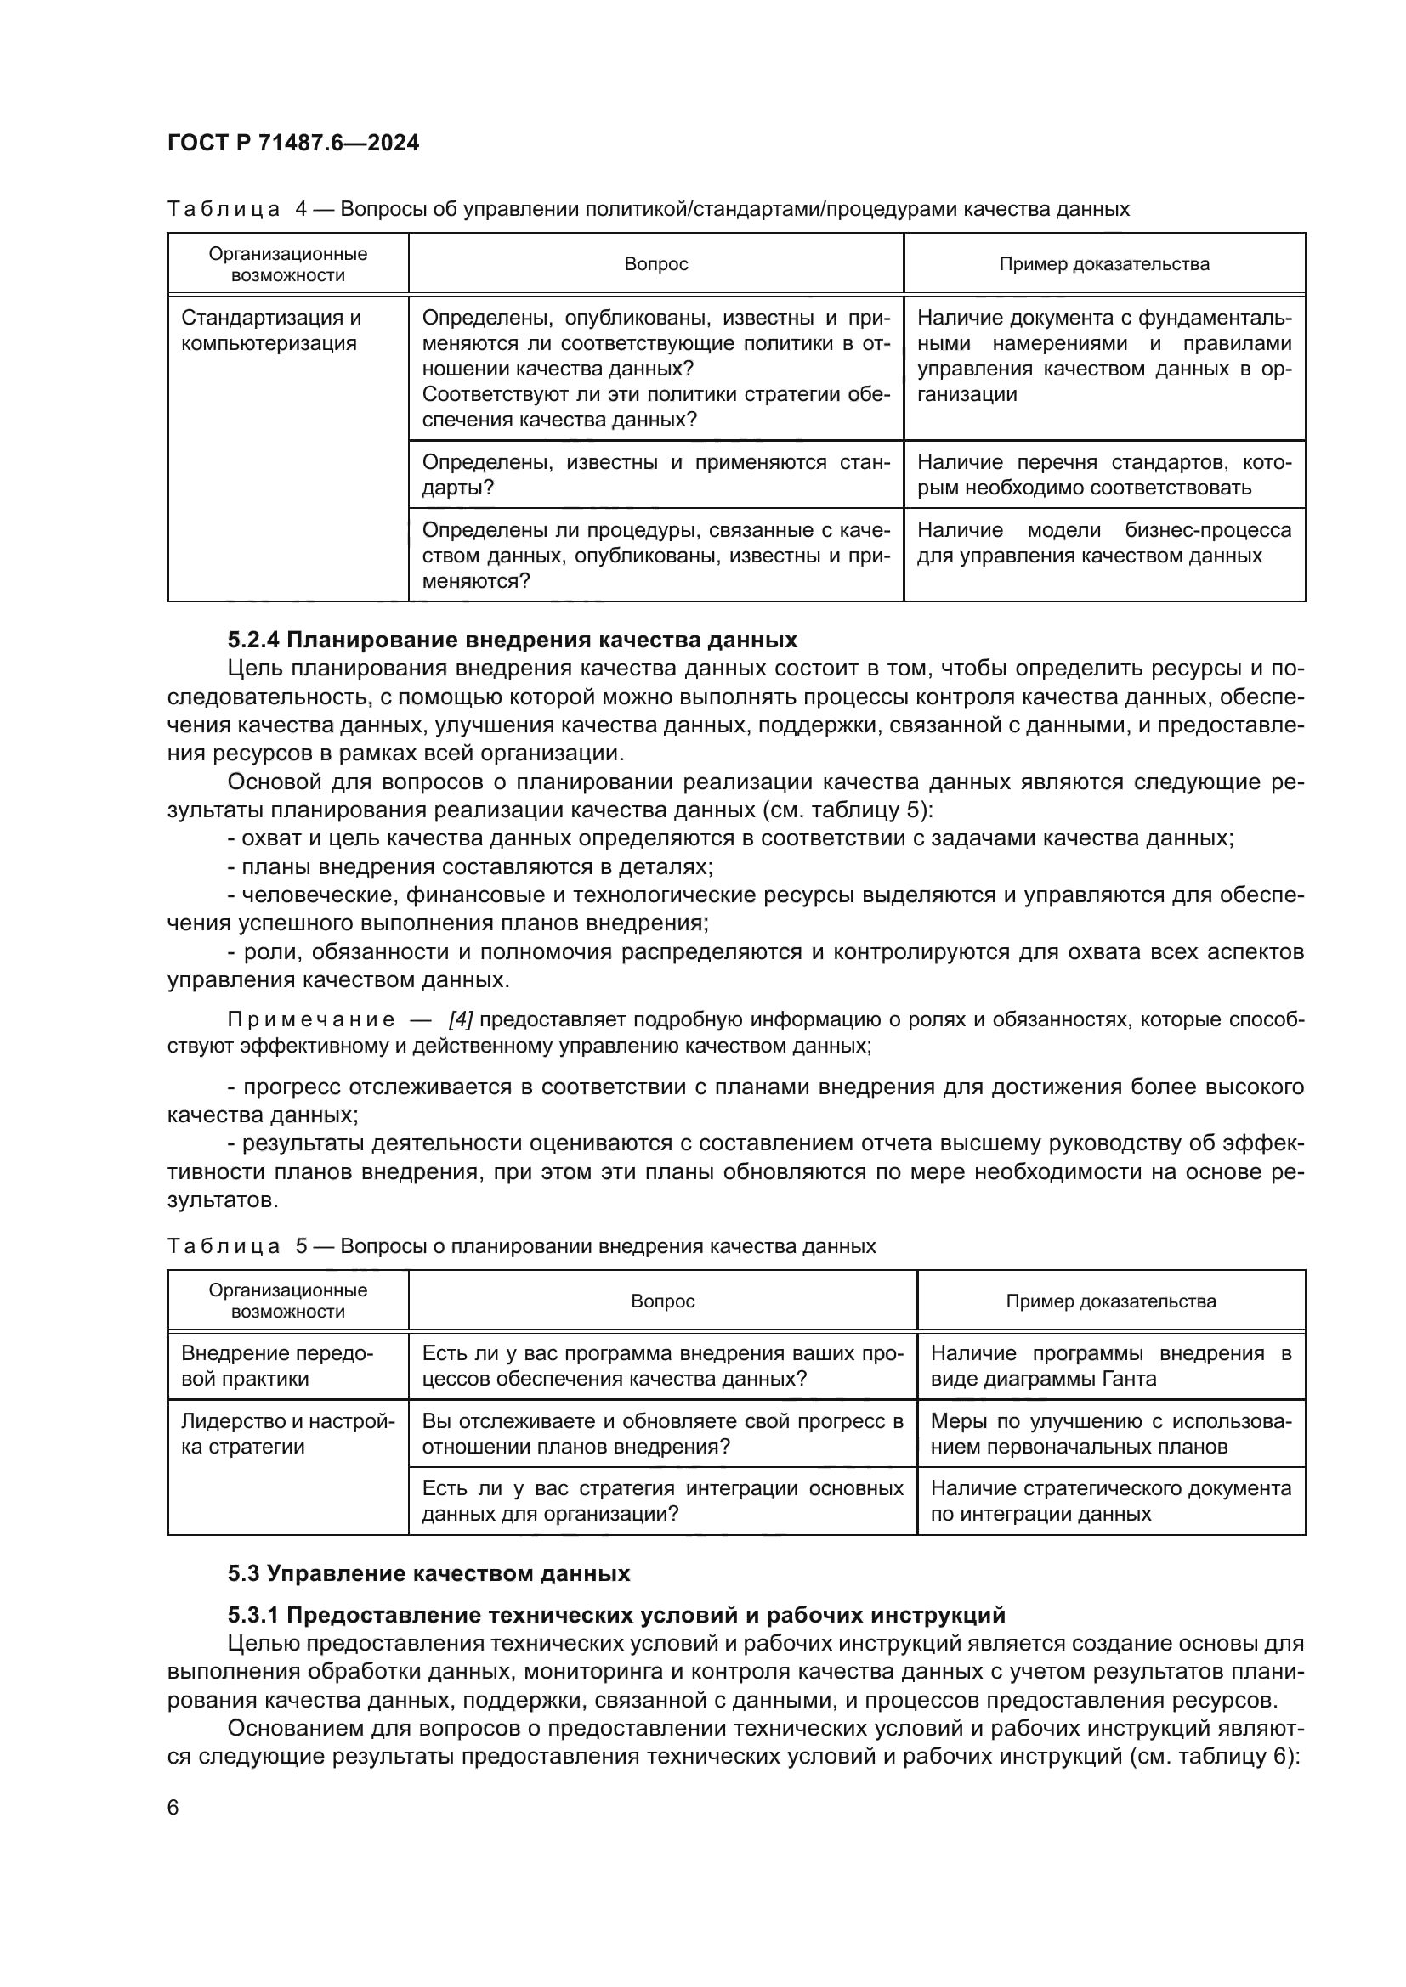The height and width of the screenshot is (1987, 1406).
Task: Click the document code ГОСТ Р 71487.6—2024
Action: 292,143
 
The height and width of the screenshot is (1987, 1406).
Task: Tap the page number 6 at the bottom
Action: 173,1807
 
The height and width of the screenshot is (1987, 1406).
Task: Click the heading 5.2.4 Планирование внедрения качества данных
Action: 512,640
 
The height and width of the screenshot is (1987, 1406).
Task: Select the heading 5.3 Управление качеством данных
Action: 428,1573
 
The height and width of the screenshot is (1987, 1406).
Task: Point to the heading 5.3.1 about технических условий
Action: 615,1615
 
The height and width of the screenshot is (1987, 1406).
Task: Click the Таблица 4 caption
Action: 648,209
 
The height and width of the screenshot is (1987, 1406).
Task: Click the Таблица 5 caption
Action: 521,1246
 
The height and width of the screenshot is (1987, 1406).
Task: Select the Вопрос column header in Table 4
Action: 655,264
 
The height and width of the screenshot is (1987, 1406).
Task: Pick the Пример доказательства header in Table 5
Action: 1110,1301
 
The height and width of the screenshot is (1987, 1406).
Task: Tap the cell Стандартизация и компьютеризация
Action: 271,330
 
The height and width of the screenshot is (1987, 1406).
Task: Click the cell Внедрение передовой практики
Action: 277,1366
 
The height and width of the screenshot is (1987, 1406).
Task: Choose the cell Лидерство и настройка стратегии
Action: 287,1434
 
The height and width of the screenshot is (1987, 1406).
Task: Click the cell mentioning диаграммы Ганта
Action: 1110,1366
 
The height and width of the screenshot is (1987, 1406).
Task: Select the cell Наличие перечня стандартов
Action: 1103,474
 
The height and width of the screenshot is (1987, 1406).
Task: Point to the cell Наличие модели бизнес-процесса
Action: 1103,543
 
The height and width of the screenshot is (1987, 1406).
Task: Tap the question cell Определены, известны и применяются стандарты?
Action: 655,474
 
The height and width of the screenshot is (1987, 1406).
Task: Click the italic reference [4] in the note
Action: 460,1019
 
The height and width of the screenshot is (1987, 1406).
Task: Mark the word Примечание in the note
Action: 311,1019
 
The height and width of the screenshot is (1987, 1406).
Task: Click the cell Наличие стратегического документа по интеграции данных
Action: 1110,1500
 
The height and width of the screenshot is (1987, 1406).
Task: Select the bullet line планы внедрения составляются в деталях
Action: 470,866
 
